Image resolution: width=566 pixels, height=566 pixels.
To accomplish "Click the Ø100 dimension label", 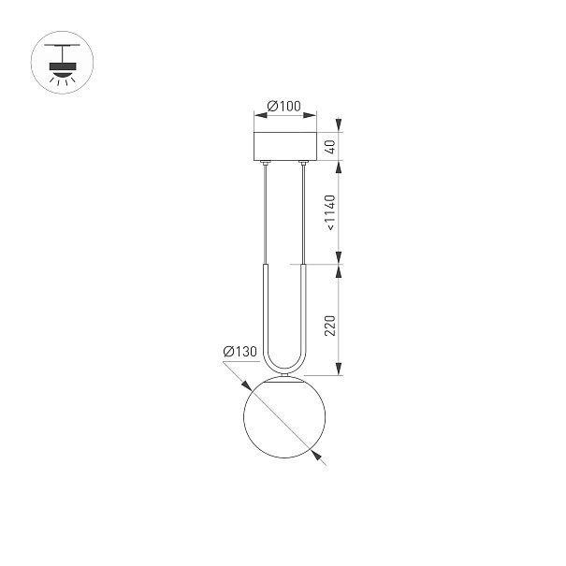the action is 283,106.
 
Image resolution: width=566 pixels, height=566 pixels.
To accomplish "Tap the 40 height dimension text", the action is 330,147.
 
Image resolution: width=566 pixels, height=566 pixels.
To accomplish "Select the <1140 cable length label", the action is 330,212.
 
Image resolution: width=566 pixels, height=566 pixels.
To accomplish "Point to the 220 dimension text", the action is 330,326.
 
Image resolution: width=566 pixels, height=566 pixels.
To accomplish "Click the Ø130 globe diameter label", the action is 240,351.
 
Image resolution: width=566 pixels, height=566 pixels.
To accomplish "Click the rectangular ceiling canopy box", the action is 285,146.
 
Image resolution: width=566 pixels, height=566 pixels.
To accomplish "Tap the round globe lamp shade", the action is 284,417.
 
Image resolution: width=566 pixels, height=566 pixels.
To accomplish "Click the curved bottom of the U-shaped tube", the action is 284,372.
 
